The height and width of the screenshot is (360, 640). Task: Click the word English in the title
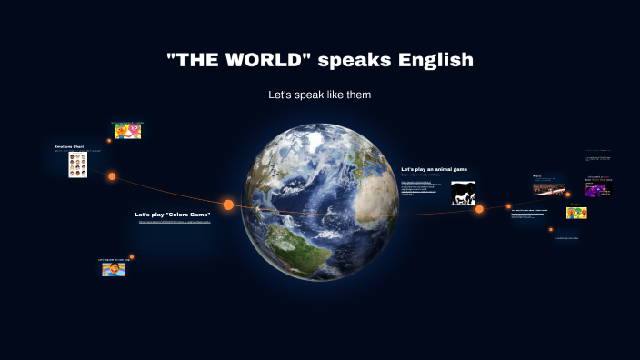(x=435, y=61)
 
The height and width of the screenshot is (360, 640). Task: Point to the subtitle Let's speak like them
(x=319, y=95)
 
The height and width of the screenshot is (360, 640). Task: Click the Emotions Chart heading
(x=70, y=146)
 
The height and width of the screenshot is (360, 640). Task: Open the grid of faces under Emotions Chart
(x=78, y=165)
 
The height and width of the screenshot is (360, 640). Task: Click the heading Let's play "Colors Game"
(x=173, y=215)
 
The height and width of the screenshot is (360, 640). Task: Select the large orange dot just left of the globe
(x=228, y=205)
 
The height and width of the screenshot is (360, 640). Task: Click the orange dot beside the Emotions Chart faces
(x=112, y=176)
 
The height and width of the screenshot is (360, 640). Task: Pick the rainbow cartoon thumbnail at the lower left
(x=114, y=269)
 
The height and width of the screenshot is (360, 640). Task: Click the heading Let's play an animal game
(x=435, y=169)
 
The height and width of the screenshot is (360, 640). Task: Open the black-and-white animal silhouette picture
(x=464, y=194)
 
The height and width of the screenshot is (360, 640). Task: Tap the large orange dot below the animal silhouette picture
(x=479, y=209)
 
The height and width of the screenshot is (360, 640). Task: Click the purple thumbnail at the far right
(x=598, y=187)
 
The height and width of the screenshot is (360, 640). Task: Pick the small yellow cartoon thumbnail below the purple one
(x=576, y=213)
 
